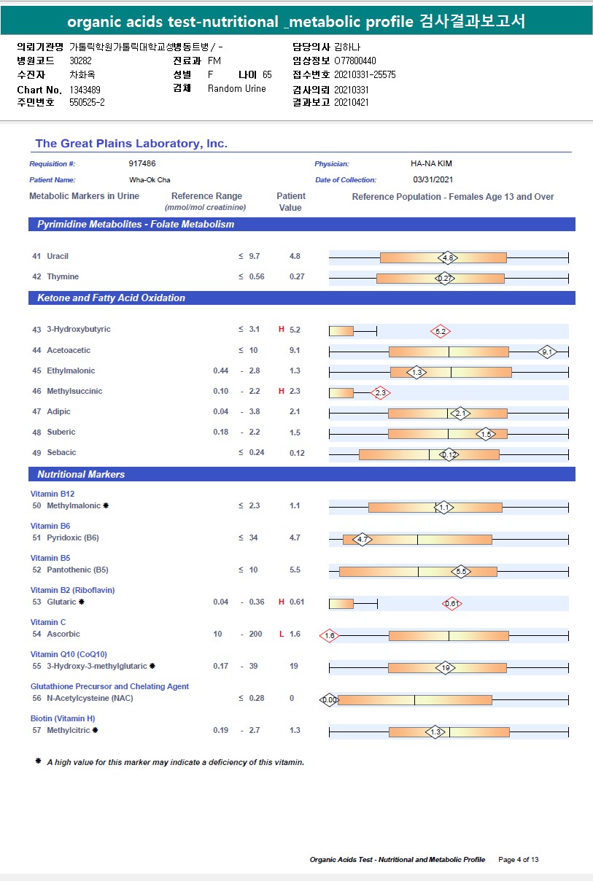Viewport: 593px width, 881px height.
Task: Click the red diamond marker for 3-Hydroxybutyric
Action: (440, 331)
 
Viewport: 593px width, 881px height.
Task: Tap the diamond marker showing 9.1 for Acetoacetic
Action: (547, 352)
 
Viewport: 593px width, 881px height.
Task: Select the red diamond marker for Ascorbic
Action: (330, 635)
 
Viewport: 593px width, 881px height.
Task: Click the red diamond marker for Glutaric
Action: (451, 603)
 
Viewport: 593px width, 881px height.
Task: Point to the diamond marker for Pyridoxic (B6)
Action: (363, 540)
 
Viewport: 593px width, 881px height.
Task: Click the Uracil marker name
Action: (58, 257)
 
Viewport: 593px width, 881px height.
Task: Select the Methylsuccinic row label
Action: (74, 392)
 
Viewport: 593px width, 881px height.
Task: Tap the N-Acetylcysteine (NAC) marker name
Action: (90, 699)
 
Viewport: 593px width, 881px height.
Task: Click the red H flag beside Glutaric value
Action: (282, 602)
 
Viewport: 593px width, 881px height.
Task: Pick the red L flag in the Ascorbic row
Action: (282, 634)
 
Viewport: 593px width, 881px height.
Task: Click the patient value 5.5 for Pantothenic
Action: (295, 570)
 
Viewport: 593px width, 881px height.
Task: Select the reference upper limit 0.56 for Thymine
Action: (257, 277)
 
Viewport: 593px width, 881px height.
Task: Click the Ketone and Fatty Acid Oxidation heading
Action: (111, 298)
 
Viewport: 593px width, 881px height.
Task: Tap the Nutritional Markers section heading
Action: (81, 475)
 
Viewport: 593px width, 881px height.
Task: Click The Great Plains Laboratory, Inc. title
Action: (131, 144)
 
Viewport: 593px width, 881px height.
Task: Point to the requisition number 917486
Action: (142, 164)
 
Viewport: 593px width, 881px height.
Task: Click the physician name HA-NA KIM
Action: (432, 164)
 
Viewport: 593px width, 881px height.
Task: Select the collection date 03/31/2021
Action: (433, 179)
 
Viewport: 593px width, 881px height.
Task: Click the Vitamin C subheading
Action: (48, 622)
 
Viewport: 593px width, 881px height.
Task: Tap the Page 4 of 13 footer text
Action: (519, 860)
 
